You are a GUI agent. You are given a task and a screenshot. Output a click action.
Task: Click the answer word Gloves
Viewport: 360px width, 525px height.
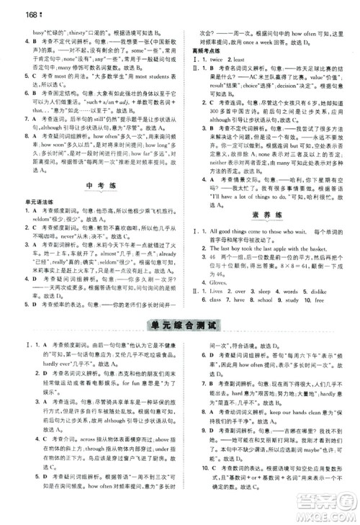[220, 282]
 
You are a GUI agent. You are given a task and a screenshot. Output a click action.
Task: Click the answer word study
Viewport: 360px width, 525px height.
[295, 300]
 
